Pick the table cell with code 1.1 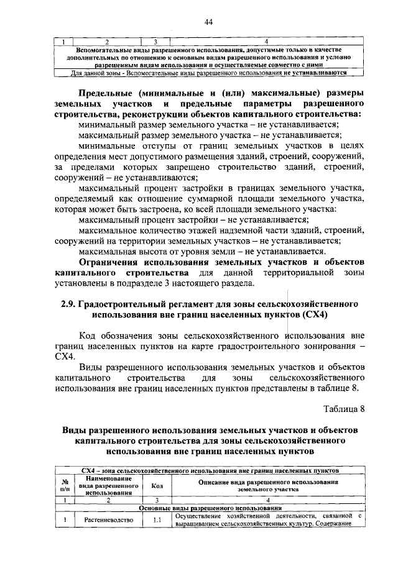point(157,519)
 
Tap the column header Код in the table point(157,486)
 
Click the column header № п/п point(65,486)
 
